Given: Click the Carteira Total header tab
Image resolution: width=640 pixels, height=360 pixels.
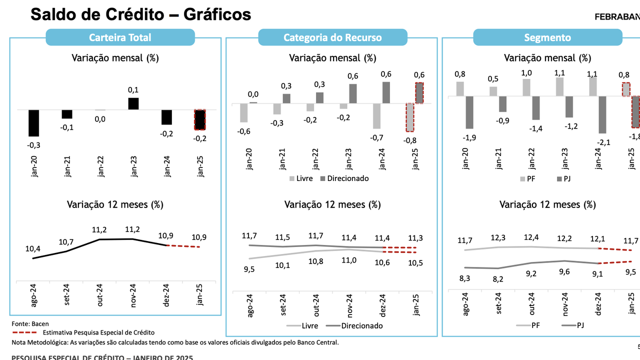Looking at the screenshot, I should point(120,37).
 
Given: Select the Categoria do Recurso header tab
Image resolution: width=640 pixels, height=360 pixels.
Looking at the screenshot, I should point(332,37).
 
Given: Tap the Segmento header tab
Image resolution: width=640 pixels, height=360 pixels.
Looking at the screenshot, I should point(547,37).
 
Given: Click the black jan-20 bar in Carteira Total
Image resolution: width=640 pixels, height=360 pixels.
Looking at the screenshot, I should point(33,123).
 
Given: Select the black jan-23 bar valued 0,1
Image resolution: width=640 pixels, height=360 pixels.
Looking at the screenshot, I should point(133,103).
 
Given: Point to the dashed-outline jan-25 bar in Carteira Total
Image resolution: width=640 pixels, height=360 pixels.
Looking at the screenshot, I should point(200,119).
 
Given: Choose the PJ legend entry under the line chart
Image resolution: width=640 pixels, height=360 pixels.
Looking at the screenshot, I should point(580,325).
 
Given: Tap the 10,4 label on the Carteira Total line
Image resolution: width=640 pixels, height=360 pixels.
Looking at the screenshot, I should point(33,248).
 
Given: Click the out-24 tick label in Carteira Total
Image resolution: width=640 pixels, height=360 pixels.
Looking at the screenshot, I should point(99,294).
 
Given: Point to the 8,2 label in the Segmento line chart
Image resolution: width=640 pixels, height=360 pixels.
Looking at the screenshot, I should point(499,278).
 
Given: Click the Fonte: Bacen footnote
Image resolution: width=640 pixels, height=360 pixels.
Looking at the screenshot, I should point(30,324).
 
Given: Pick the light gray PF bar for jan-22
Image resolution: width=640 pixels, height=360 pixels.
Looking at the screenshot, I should point(526,87).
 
